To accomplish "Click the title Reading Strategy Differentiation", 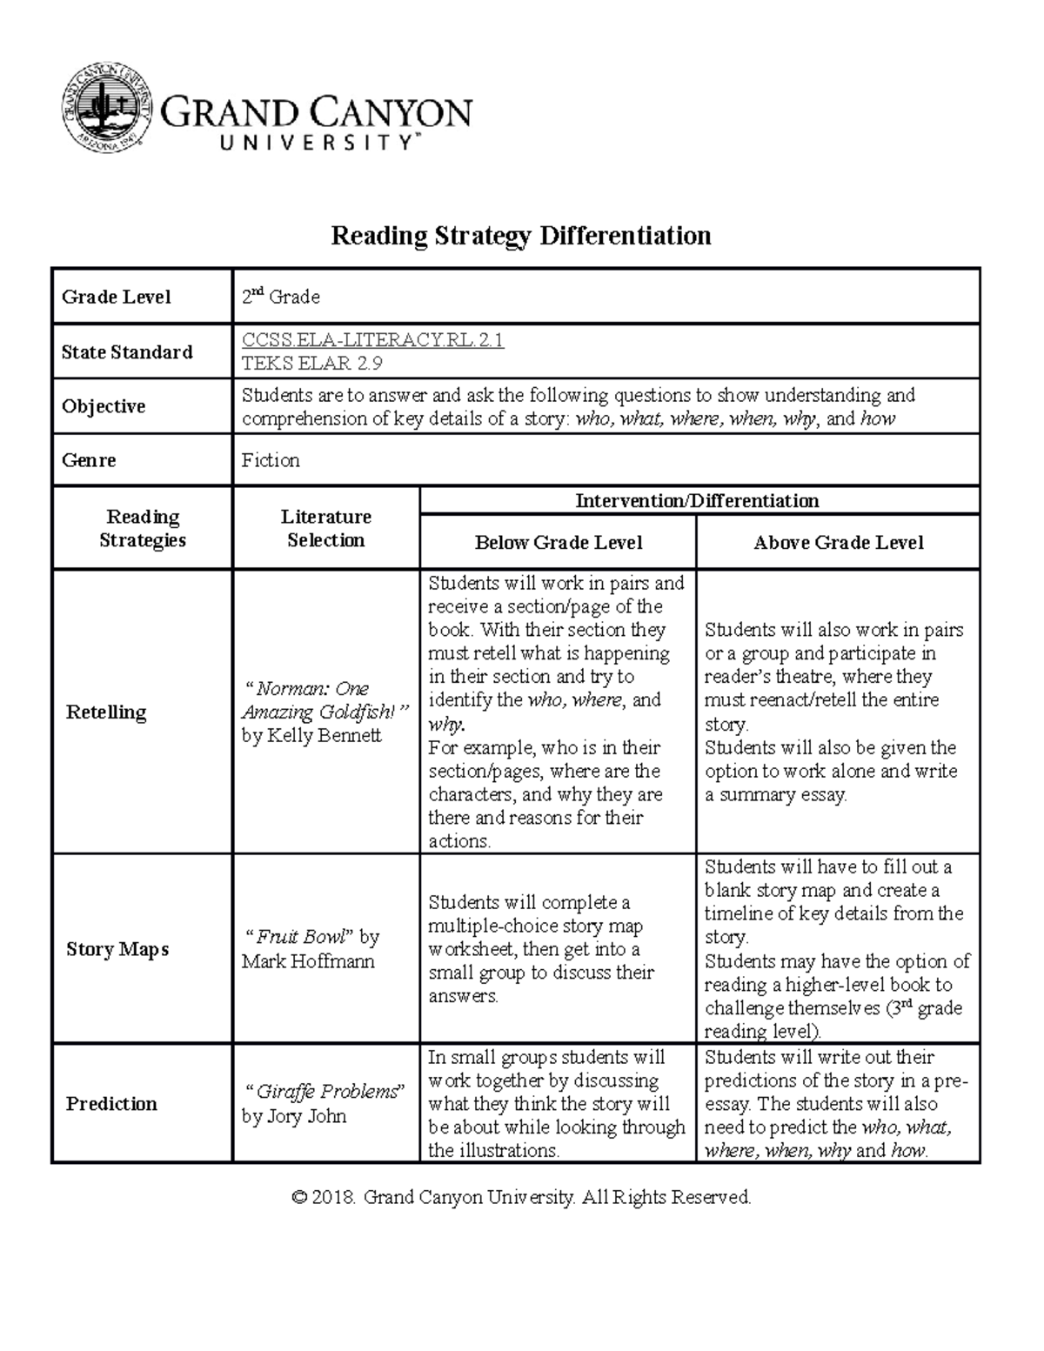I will tap(520, 236).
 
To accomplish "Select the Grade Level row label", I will tap(116, 297).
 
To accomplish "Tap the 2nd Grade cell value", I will tap(280, 297).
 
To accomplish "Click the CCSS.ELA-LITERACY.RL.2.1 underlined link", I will tap(372, 340).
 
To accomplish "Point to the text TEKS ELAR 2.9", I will tap(311, 364).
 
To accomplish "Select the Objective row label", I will tap(103, 406).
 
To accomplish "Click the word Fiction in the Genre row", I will tap(271, 460).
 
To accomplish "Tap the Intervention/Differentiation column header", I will tap(697, 500).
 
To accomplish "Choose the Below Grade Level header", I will tap(558, 543).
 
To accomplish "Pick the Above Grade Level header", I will tap(838, 543).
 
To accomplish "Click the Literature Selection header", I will tap(325, 528).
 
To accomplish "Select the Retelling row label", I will tap(106, 712).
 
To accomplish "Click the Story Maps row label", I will tap(117, 949).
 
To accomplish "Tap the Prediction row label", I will tap(111, 1103).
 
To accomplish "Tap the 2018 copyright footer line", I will tap(521, 1197).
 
